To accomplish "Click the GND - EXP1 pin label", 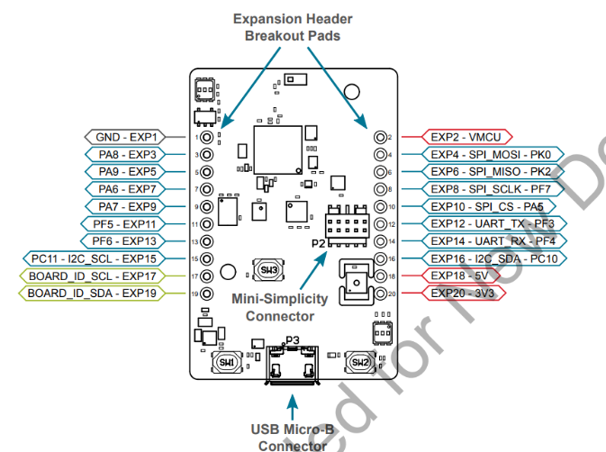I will click(127, 137).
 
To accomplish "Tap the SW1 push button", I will click(226, 362).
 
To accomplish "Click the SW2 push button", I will click(360, 362).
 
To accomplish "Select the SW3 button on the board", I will click(267, 268).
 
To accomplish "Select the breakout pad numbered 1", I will click(207, 137).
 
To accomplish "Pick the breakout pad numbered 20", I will click(378, 294).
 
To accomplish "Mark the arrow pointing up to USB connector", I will click(292, 402).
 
